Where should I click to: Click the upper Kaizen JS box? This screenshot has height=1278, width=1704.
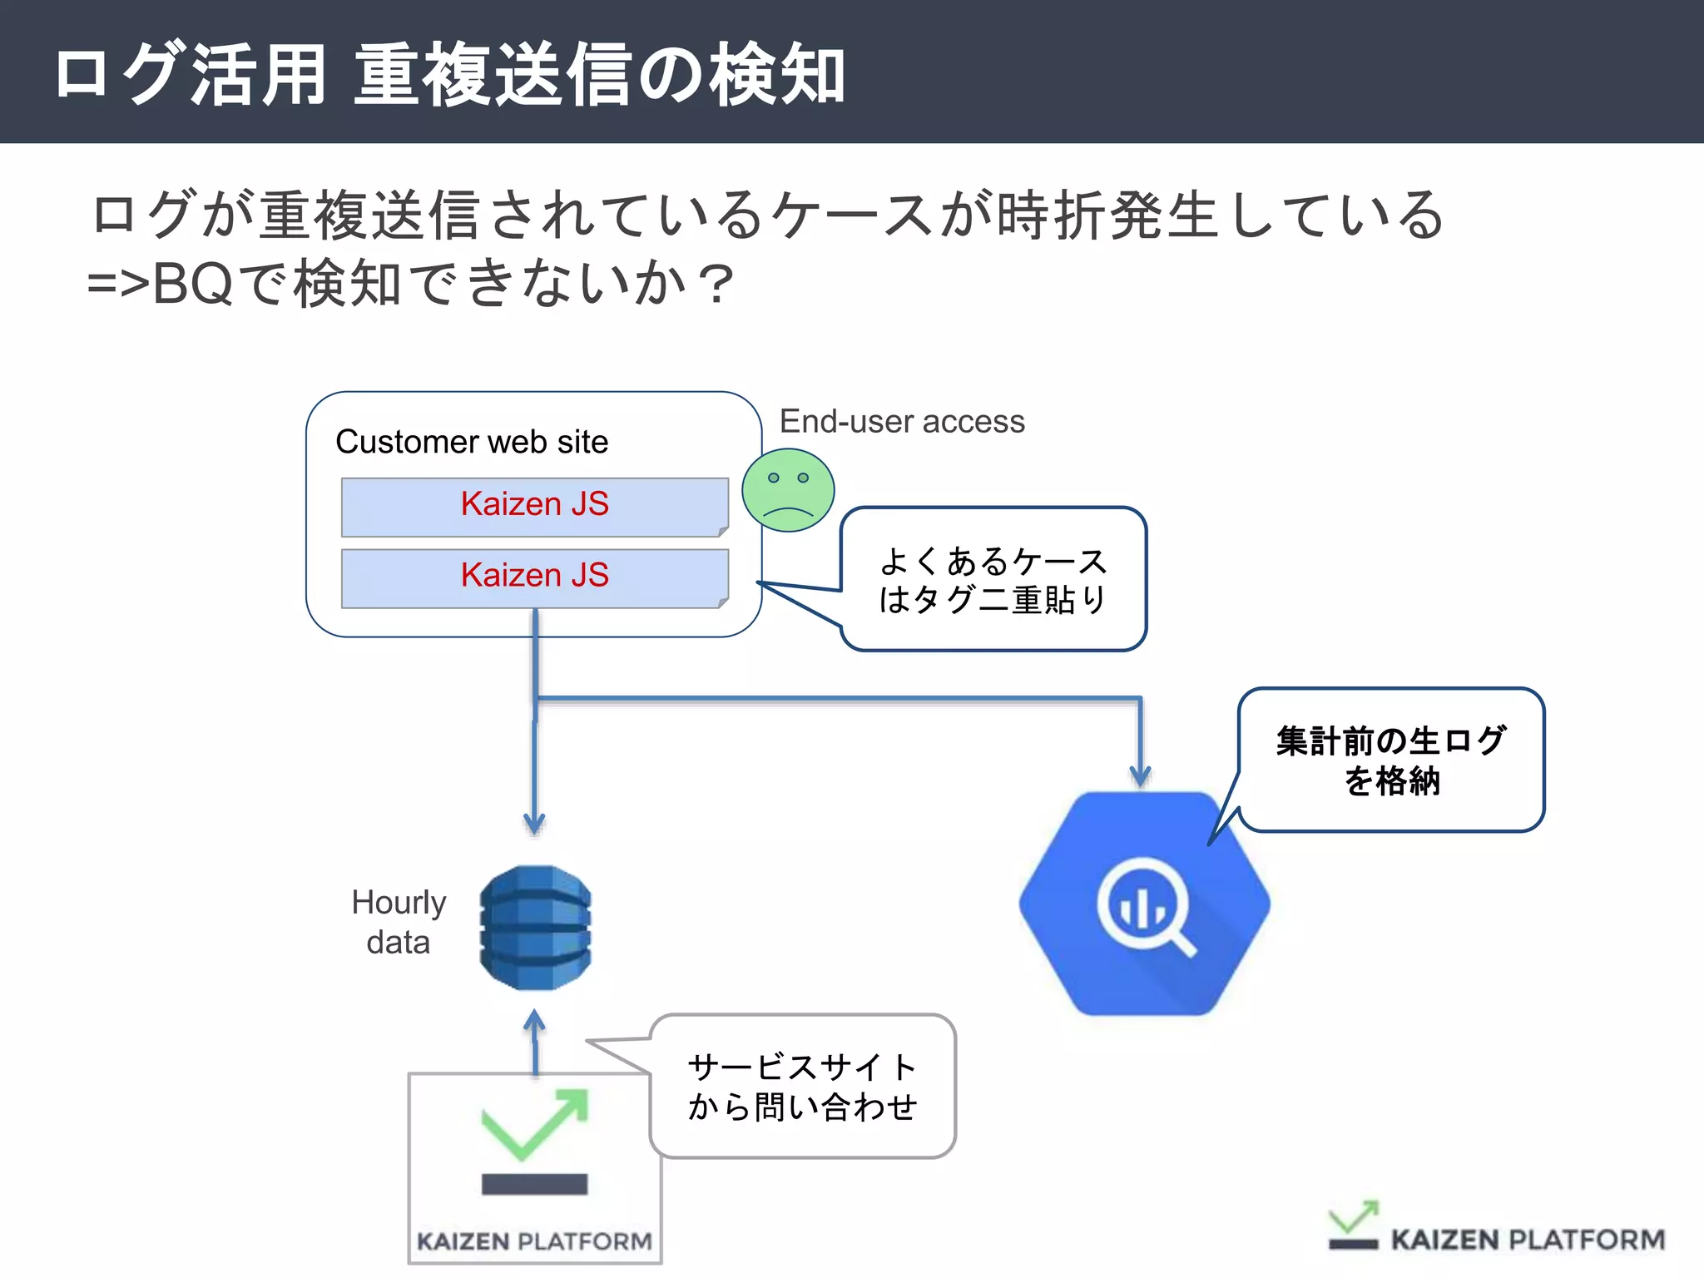tap(534, 505)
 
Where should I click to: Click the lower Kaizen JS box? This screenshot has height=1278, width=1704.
tap(534, 577)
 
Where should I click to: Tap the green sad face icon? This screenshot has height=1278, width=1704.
tap(787, 490)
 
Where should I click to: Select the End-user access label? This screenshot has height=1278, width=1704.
tap(902, 422)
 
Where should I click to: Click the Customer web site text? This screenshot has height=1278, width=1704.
tap(472, 442)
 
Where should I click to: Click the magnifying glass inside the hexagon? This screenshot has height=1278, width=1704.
tap(1147, 907)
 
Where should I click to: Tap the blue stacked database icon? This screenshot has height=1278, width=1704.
tap(535, 927)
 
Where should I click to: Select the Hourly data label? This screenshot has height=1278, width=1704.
tap(399, 922)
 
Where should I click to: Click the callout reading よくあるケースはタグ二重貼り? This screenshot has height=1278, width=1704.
tap(993, 580)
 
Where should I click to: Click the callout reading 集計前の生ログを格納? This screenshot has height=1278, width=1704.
tap(1391, 760)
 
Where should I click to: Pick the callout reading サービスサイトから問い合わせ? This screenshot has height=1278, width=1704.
tap(802, 1086)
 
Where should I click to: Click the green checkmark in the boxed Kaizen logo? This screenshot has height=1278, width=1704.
tap(534, 1123)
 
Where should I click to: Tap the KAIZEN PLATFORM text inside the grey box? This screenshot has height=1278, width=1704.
tap(534, 1241)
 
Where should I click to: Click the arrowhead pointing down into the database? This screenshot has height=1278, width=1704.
tap(534, 824)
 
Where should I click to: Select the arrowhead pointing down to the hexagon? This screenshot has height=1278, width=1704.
tap(1140, 776)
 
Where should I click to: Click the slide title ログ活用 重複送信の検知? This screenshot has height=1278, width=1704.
tap(449, 75)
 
